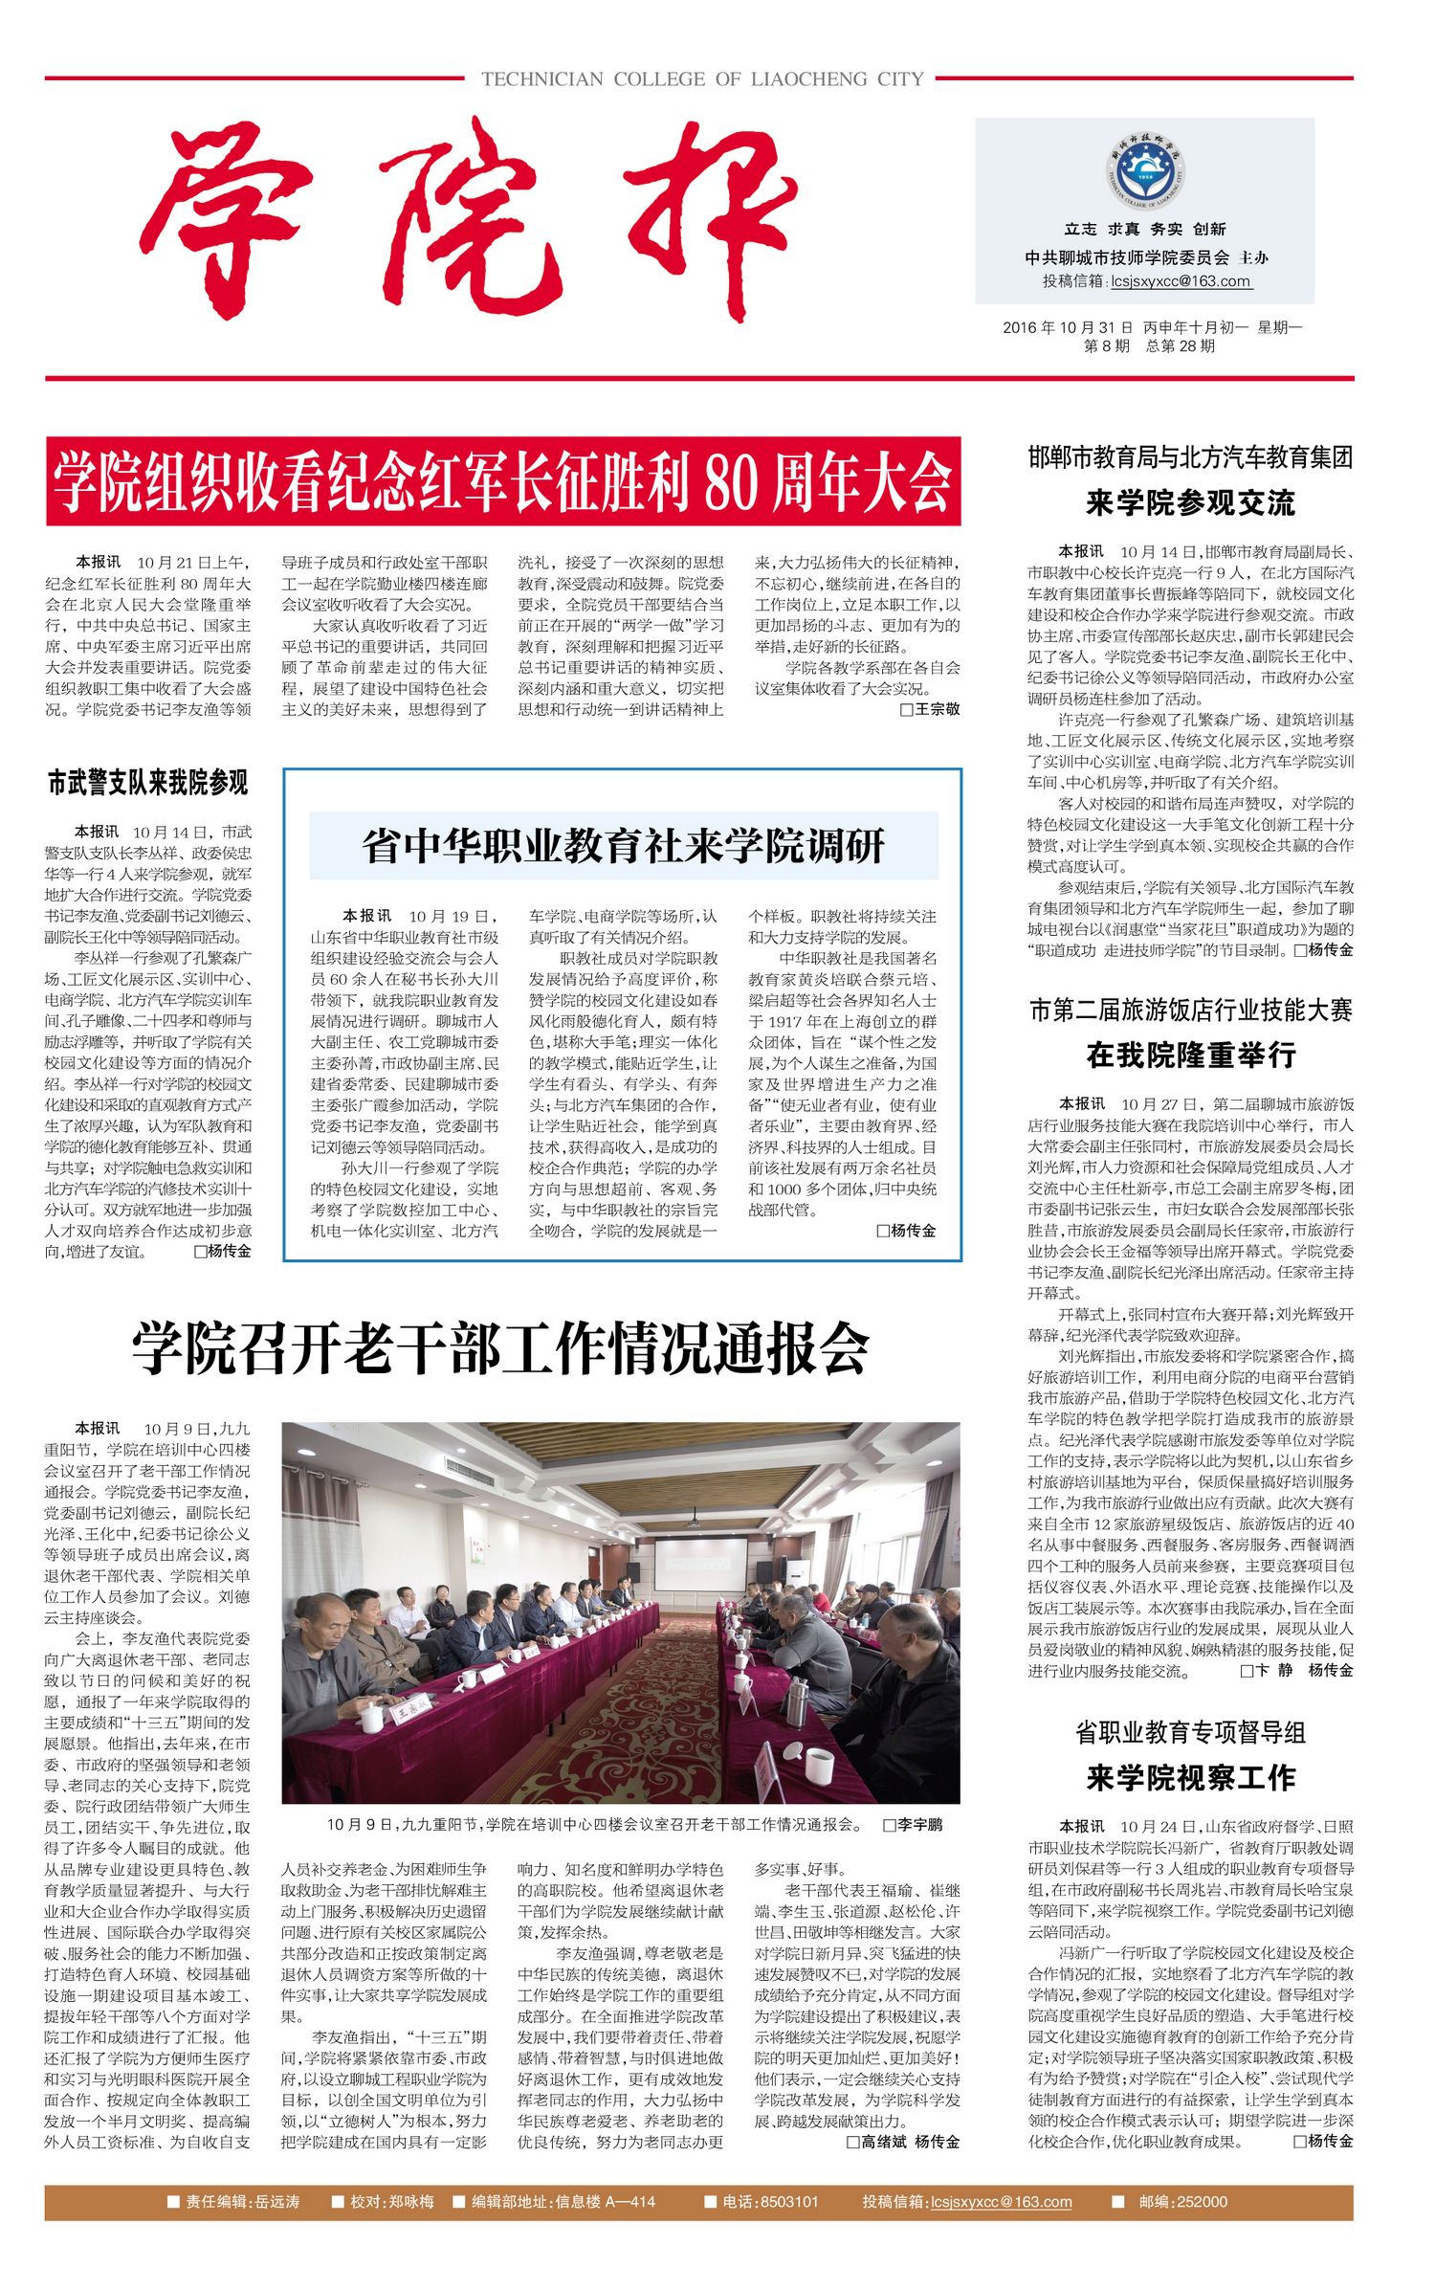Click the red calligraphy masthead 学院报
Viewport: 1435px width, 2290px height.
coord(469,222)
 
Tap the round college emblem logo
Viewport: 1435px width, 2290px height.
coord(1144,172)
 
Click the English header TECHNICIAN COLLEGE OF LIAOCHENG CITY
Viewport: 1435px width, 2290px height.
coord(702,79)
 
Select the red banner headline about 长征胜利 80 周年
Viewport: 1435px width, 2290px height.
coord(503,481)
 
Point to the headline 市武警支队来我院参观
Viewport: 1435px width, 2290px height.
coord(148,783)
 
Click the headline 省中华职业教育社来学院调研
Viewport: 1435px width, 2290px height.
coord(623,846)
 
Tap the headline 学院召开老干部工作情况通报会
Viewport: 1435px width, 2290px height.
coord(500,1350)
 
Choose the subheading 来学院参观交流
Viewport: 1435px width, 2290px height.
coord(1190,503)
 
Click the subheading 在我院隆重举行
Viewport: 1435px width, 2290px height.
coord(1191,1056)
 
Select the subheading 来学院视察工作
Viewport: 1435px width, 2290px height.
coord(1191,1778)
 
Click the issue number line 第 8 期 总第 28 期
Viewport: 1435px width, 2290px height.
coord(1149,346)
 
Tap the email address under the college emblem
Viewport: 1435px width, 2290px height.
coord(1181,281)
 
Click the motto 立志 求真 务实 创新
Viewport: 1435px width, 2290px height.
coord(1144,229)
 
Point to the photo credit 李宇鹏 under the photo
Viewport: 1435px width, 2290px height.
coord(918,1825)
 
